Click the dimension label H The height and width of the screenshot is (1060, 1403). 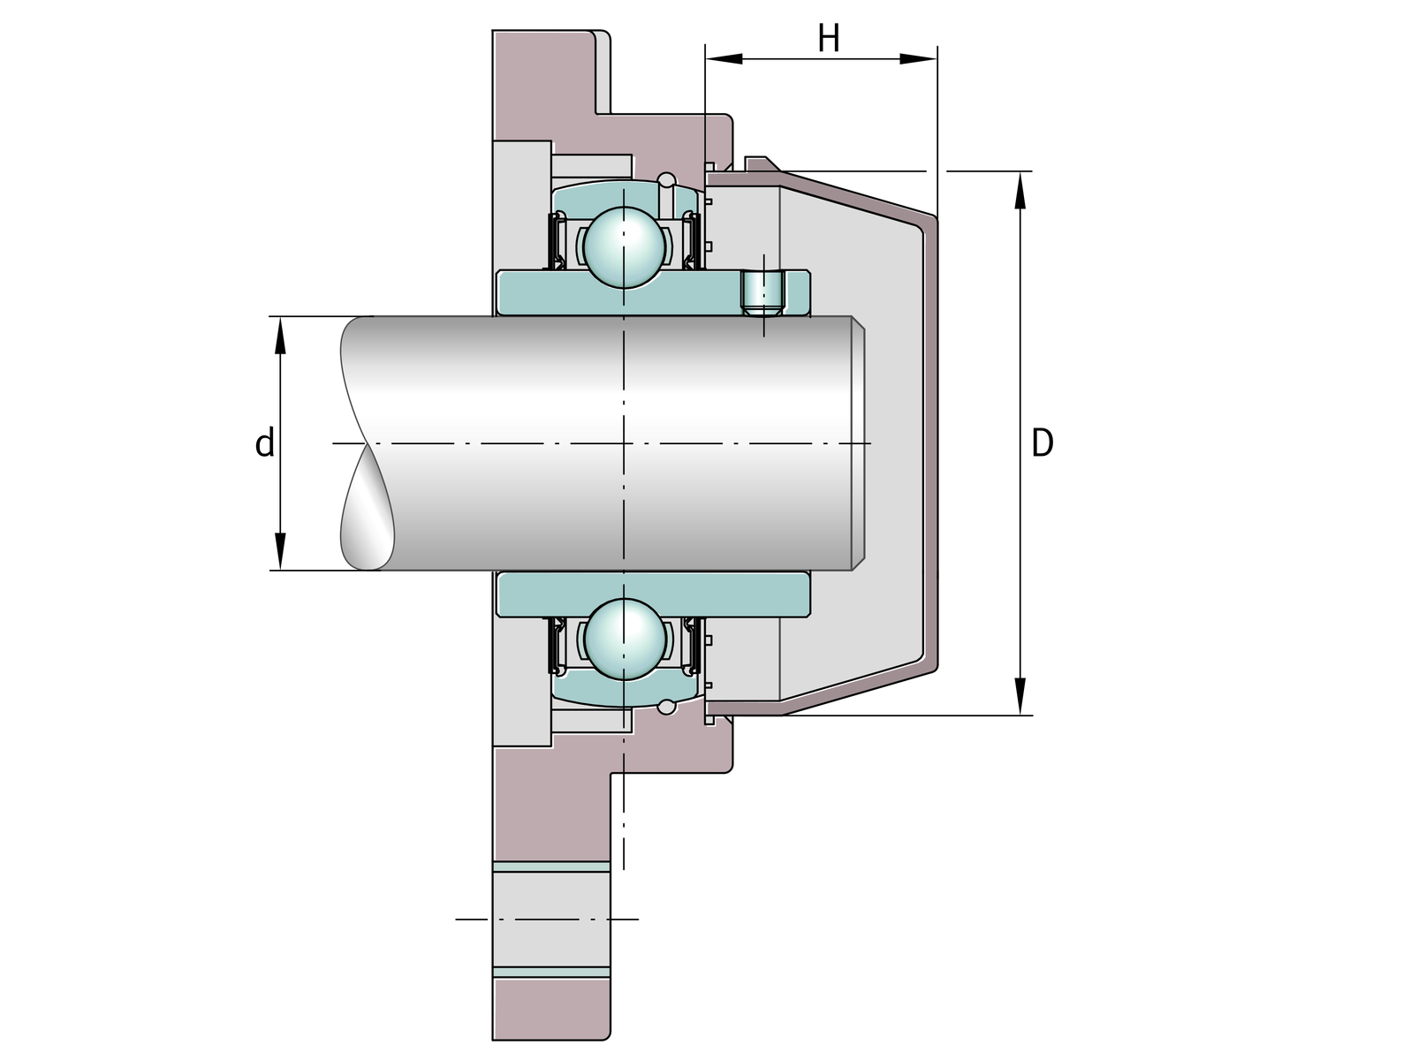[x=828, y=39]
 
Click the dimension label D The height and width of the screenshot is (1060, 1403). [x=1043, y=443]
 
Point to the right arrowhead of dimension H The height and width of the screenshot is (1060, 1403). [x=918, y=59]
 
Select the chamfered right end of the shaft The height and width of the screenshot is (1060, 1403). [x=857, y=443]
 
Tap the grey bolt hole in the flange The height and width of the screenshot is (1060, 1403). [x=551, y=920]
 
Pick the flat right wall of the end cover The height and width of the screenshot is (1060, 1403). [x=929, y=442]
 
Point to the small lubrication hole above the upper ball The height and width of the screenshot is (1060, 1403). [x=667, y=182]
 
